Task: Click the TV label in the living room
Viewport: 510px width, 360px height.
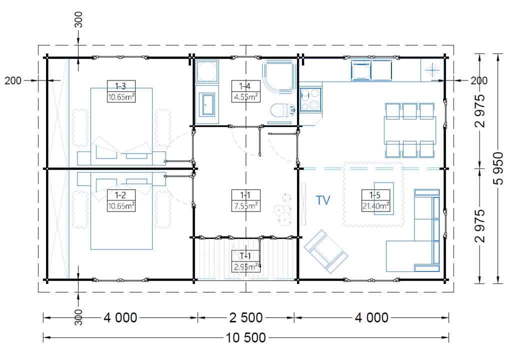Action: point(323,200)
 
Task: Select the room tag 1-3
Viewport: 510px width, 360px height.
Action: point(121,86)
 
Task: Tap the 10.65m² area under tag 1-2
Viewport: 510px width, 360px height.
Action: point(121,206)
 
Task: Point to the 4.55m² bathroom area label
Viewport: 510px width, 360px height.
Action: point(246,97)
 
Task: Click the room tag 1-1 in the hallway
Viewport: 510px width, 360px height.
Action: point(245,195)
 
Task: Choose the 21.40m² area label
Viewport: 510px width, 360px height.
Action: point(375,206)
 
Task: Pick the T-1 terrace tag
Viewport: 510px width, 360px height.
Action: point(245,256)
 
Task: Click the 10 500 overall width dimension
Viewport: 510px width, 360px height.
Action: point(246,338)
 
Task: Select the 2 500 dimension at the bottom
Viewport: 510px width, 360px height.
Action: point(246,317)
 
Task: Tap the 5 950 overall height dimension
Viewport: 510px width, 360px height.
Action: point(498,168)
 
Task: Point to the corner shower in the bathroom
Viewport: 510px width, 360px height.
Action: point(279,76)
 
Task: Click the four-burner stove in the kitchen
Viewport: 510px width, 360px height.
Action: point(310,99)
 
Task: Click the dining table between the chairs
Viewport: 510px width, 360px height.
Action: point(410,130)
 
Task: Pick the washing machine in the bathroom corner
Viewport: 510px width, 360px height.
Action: point(207,71)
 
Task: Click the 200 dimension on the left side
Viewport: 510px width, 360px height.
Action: point(13,80)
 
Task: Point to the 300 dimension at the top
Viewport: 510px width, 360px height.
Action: point(78,19)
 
